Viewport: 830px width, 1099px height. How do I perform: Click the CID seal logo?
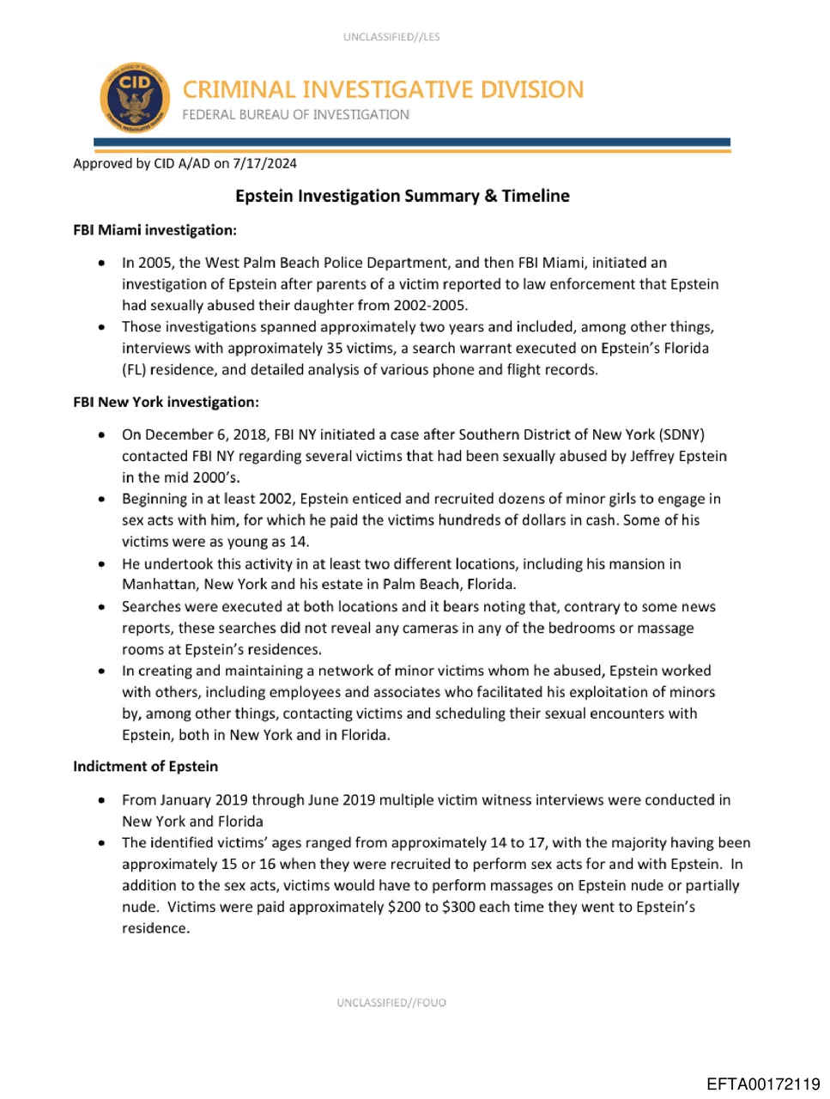(134, 97)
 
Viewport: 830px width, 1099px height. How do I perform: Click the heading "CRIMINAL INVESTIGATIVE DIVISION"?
(383, 89)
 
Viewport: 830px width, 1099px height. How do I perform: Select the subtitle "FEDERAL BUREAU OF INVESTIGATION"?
(295, 115)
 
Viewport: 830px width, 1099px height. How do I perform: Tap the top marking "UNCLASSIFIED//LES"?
(391, 37)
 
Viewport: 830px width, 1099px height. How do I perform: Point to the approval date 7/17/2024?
(265, 163)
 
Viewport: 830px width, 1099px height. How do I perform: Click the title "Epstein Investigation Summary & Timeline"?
(402, 196)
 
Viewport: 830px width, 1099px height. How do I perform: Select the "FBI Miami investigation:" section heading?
(154, 230)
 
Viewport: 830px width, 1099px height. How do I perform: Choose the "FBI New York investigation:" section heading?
(166, 402)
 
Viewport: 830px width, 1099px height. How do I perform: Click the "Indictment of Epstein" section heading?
(145, 766)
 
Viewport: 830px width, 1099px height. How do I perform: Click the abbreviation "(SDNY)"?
(682, 434)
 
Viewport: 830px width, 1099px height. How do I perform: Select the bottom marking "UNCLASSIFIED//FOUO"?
(391, 1002)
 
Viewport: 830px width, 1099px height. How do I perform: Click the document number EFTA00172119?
(763, 1084)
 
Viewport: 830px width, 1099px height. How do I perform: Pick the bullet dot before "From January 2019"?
(102, 800)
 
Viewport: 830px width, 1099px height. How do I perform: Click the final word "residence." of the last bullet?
(155, 928)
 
